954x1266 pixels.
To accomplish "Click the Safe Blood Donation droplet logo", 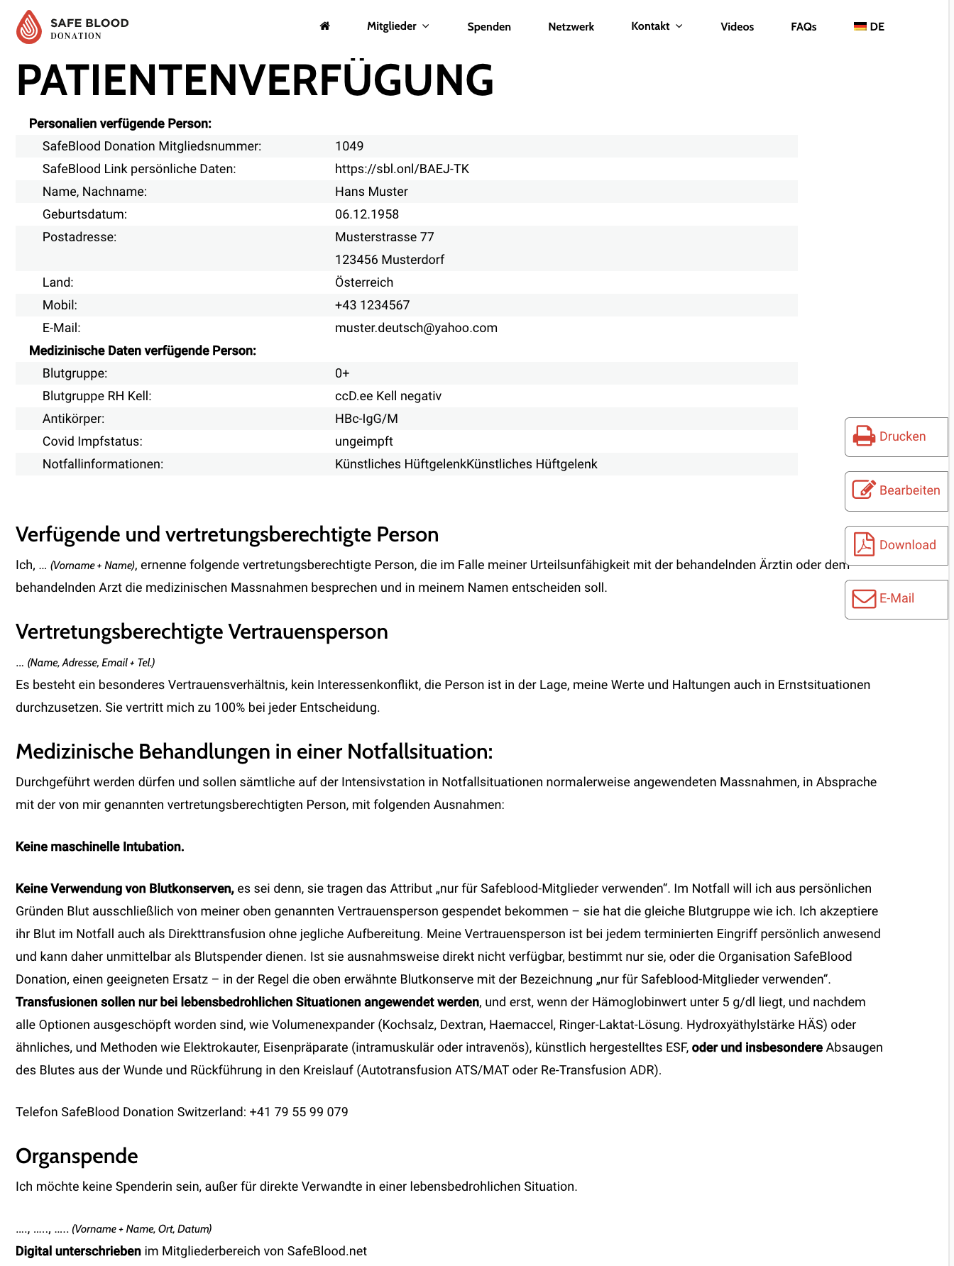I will pyautogui.click(x=29, y=27).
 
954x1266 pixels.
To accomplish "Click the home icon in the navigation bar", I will pyautogui.click(x=325, y=26).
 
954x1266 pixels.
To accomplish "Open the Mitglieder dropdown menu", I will pyautogui.click(x=397, y=26).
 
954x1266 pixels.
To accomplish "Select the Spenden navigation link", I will pyautogui.click(x=489, y=27).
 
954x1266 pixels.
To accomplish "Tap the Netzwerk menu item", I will pyautogui.click(x=571, y=27).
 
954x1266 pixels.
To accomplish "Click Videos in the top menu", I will pyautogui.click(x=737, y=27).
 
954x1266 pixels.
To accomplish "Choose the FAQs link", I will pyautogui.click(x=804, y=27).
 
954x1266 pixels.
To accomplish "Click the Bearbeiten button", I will pyautogui.click(x=896, y=490).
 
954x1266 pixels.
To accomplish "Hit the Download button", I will pyautogui.click(x=896, y=545).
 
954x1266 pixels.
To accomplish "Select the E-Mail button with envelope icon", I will pyautogui.click(x=896, y=599).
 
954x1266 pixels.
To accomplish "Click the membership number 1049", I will pyautogui.click(x=349, y=146).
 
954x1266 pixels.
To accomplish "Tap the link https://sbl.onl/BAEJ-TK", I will pyautogui.click(x=402, y=169).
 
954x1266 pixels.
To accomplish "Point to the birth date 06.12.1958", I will pyautogui.click(x=367, y=214).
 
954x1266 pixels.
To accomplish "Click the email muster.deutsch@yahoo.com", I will pyautogui.click(x=416, y=328).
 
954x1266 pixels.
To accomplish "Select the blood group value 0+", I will pyautogui.click(x=342, y=373).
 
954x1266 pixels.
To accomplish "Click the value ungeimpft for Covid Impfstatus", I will pyautogui.click(x=364, y=441).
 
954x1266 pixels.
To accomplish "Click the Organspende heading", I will pyautogui.click(x=77, y=1156).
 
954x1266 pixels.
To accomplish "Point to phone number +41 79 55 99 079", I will pyautogui.click(x=299, y=1112).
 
